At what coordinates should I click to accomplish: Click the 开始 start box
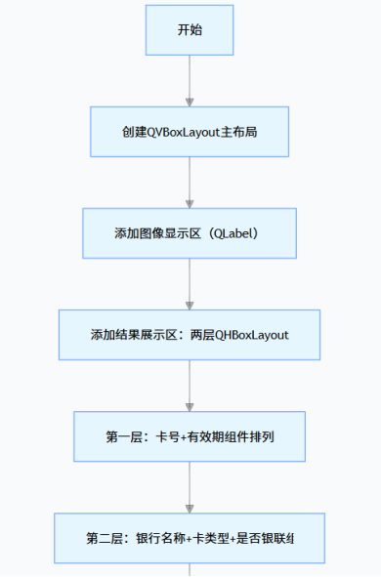click(190, 30)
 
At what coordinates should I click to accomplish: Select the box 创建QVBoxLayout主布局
click(190, 132)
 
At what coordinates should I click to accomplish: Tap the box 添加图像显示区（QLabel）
click(190, 233)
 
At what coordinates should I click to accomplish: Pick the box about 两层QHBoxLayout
click(190, 335)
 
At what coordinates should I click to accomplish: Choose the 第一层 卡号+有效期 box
click(190, 436)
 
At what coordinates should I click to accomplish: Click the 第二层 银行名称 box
click(190, 538)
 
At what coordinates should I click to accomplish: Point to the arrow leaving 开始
click(190, 81)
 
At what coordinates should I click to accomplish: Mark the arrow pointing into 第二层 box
click(190, 487)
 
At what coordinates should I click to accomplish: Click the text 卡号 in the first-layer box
click(167, 436)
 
